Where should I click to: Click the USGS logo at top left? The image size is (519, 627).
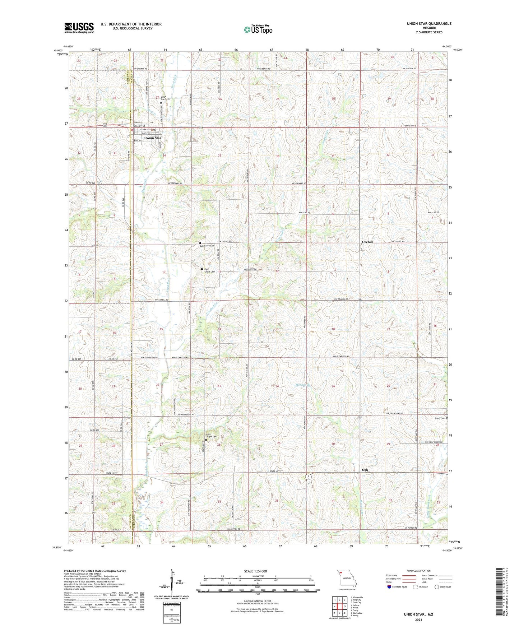point(79,27)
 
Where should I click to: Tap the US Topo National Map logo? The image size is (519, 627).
point(258,29)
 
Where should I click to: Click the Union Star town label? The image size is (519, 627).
point(153,138)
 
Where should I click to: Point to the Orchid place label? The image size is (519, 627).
point(367,242)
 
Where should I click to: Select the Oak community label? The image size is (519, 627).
point(365,470)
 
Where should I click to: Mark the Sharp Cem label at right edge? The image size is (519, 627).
point(440,418)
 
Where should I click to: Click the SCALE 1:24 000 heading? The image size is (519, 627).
point(255,571)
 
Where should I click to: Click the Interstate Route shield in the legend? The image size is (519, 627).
point(389,587)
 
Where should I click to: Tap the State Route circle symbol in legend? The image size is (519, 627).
point(437,587)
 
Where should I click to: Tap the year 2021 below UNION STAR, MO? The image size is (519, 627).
point(418,620)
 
